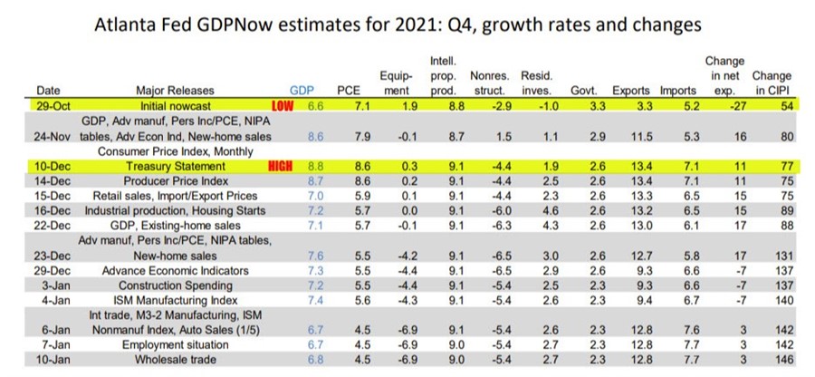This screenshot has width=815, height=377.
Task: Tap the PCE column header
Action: pyautogui.click(x=349, y=91)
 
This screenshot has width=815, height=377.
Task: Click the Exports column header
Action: pyautogui.click(x=630, y=91)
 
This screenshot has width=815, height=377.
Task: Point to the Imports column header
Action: pyautogui.click(x=677, y=91)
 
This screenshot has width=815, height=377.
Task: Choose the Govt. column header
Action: pyautogui.click(x=583, y=91)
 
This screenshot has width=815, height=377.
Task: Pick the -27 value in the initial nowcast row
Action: pyautogui.click(x=723, y=107)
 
